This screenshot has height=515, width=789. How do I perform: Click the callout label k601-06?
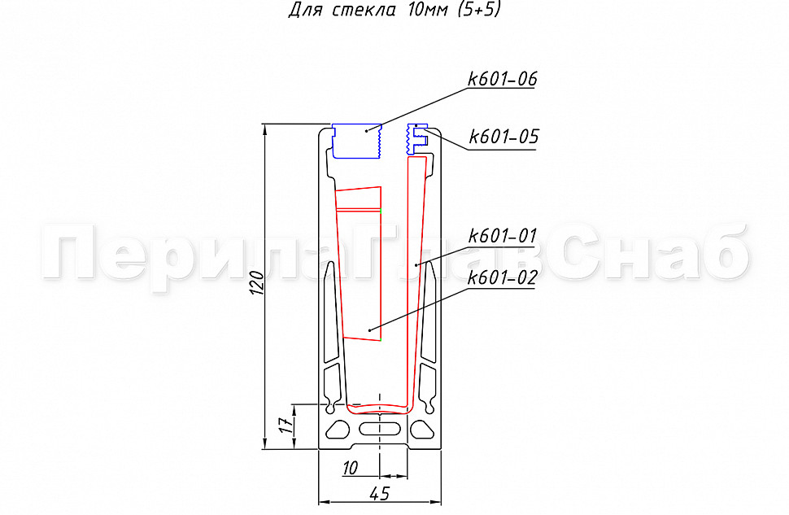[x=502, y=79]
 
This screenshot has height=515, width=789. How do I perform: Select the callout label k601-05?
[x=503, y=137]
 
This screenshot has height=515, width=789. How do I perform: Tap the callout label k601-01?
[x=502, y=236]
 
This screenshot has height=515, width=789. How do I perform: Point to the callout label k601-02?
[x=502, y=277]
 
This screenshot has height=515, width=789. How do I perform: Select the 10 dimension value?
[x=351, y=468]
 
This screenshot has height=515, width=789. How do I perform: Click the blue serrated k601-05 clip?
[x=416, y=139]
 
